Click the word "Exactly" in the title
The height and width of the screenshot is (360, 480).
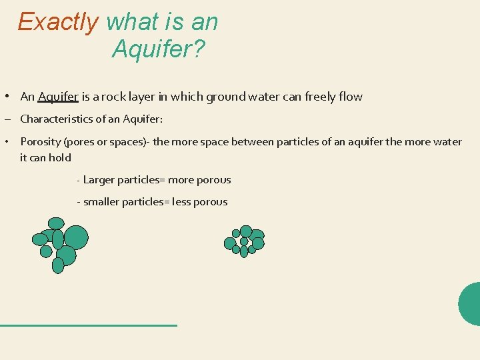click(59, 23)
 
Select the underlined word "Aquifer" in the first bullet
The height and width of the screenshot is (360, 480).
click(58, 97)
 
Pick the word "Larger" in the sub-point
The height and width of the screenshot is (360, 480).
click(99, 180)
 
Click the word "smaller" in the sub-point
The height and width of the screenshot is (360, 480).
click(101, 202)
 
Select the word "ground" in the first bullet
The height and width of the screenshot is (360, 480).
click(229, 97)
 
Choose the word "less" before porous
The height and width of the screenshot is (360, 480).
click(181, 202)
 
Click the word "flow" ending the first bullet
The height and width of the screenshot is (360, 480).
click(351, 97)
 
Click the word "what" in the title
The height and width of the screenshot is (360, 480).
click(128, 23)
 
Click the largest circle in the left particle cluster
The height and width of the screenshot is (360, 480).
click(76, 237)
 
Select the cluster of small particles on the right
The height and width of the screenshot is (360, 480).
click(244, 241)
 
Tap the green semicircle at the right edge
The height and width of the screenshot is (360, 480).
click(471, 303)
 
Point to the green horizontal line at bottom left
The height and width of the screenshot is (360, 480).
click(89, 325)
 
